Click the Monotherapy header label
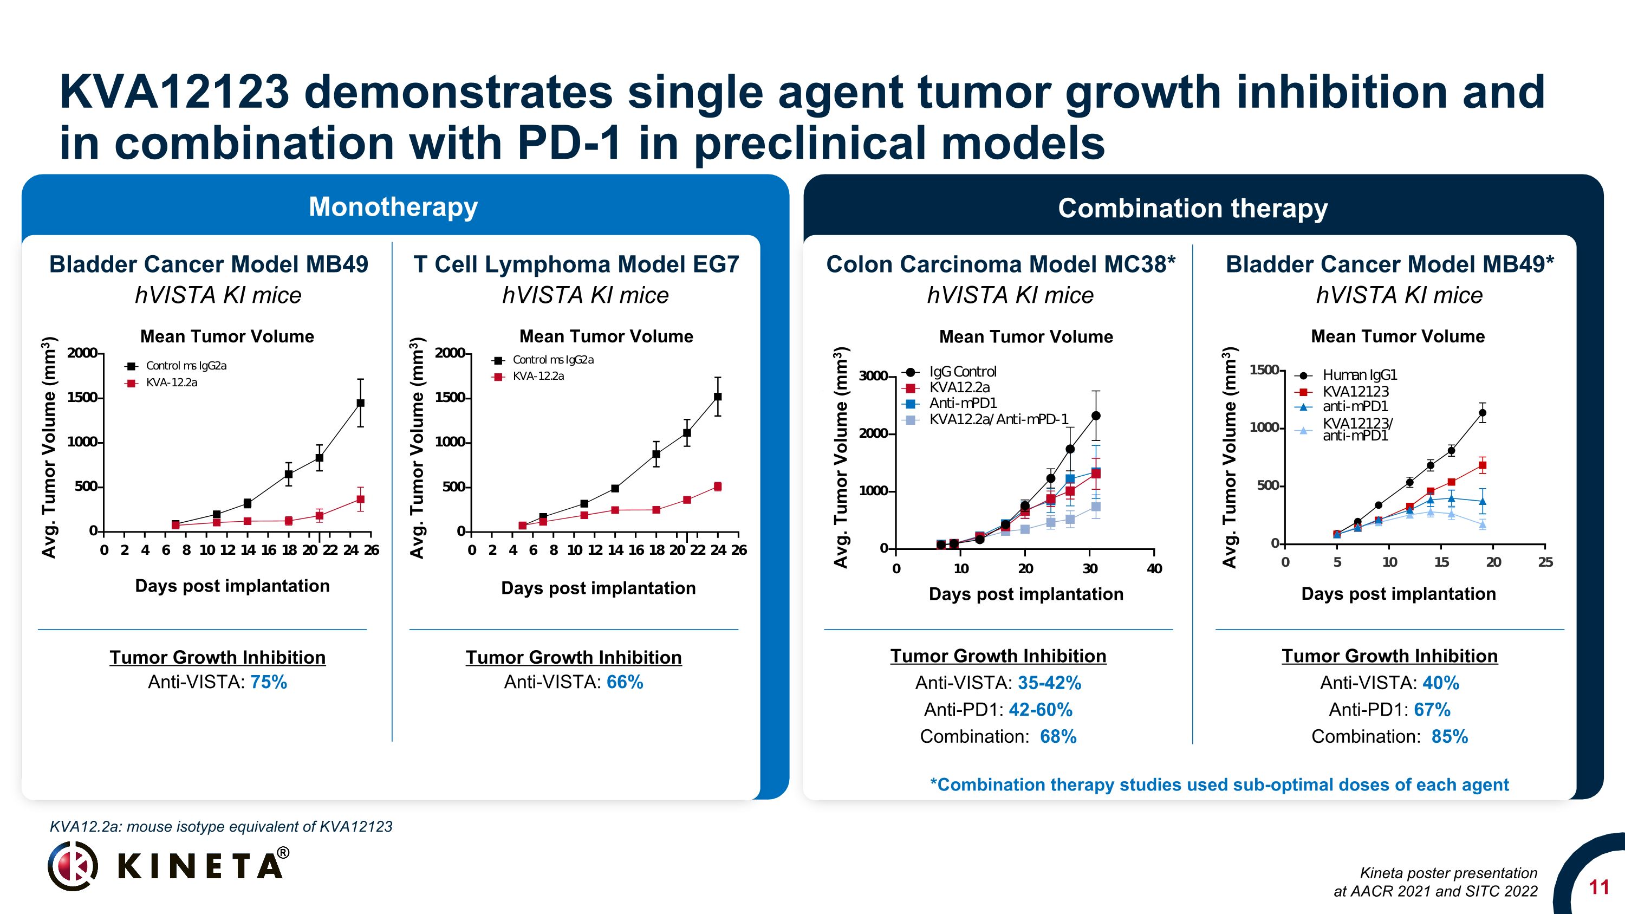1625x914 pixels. click(x=393, y=207)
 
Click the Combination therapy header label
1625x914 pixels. click(x=1192, y=208)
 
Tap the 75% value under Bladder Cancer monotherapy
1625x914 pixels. click(x=269, y=682)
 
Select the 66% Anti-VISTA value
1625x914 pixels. click(x=625, y=682)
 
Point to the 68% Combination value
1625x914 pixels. click(x=1058, y=736)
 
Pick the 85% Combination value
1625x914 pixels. click(x=1449, y=736)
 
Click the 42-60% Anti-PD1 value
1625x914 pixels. click(x=1040, y=710)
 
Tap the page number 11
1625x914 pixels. click(x=1598, y=887)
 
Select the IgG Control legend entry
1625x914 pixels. click(x=962, y=372)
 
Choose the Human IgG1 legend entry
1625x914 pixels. click(x=1360, y=375)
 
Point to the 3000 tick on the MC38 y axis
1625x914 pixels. click(x=873, y=376)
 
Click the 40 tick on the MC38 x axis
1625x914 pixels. click(x=1154, y=568)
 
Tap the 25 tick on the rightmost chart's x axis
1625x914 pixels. click(x=1545, y=562)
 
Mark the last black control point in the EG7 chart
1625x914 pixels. click(x=717, y=397)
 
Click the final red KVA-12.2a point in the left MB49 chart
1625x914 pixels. click(x=360, y=500)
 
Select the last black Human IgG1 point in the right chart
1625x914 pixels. click(x=1483, y=413)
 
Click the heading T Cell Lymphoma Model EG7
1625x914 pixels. click(x=576, y=264)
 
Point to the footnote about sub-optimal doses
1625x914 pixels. click(x=1219, y=785)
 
